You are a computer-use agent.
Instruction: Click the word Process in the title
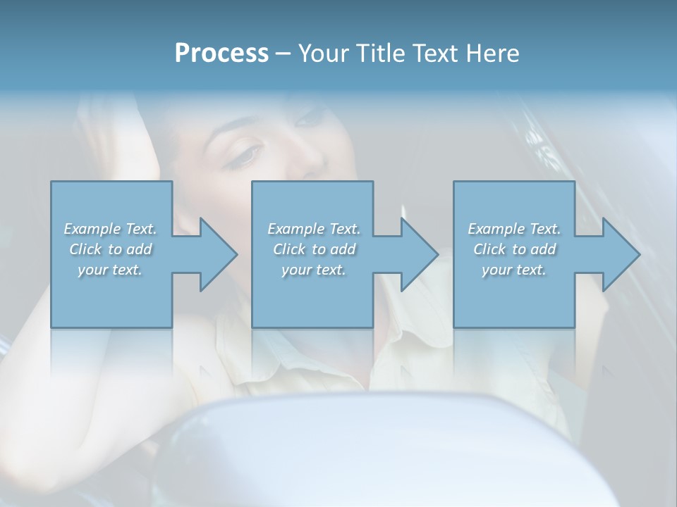point(221,54)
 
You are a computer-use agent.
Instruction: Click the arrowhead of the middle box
point(419,254)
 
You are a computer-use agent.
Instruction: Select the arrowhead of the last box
point(621,254)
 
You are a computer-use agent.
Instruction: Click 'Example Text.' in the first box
point(110,229)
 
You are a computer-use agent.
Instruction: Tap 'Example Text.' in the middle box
point(314,229)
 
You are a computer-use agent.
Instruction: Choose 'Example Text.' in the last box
point(514,229)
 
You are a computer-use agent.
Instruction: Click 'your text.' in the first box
point(110,270)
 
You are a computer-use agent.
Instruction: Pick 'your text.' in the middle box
point(314,270)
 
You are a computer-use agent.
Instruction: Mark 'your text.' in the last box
point(514,270)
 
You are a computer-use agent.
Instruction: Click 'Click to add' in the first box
point(110,249)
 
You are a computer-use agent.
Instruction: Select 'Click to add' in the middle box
point(314,249)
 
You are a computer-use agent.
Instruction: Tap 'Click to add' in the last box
point(514,249)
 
